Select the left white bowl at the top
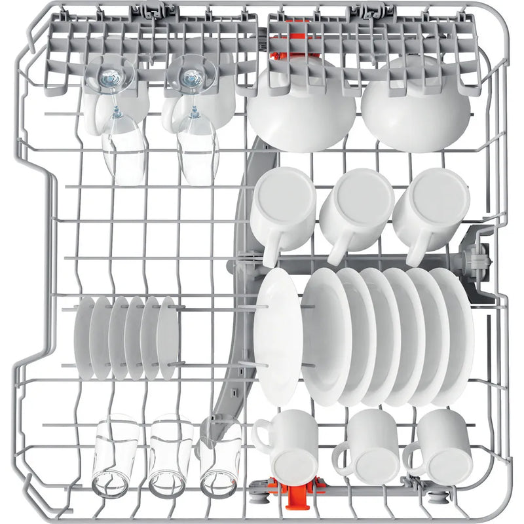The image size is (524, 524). pyautogui.click(x=301, y=105)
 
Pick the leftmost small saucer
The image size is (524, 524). pyautogui.click(x=84, y=337)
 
